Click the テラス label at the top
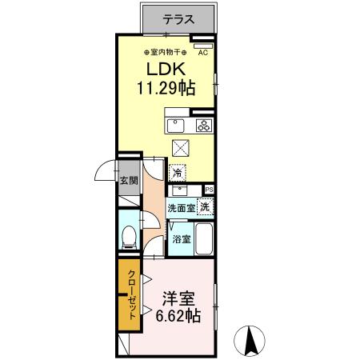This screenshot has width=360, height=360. click(x=178, y=21)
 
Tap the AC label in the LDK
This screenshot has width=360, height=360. click(x=202, y=53)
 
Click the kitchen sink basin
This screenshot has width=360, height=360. click(x=176, y=125)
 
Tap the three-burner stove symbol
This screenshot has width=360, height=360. click(x=204, y=125)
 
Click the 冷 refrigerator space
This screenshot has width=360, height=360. click(x=177, y=171)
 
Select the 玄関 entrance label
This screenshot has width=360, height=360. click(x=129, y=180)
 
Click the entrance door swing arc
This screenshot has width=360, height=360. click(x=104, y=172)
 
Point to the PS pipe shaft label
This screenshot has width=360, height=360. click(x=210, y=190)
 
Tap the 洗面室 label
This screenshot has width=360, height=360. click(x=180, y=207)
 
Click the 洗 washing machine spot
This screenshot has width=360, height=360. click(x=206, y=207)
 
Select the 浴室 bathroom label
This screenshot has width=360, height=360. click(x=182, y=239)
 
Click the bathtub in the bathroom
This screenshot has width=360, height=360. click(x=203, y=238)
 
